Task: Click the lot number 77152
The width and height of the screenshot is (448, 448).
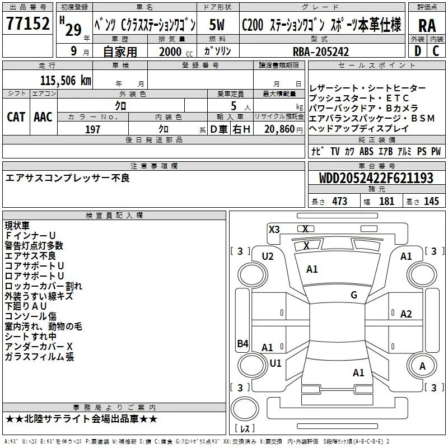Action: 28,23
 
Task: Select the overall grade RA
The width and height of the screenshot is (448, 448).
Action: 427,26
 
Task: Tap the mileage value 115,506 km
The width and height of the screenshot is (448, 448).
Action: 66,81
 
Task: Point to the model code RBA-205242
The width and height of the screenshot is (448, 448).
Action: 321,52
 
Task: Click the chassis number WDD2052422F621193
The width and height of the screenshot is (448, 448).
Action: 376,178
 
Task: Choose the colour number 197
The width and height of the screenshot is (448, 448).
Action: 92,129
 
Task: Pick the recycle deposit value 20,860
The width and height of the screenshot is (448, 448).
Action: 279,129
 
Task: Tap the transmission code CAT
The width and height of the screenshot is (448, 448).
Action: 16,117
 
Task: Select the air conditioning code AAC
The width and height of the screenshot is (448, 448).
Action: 43,117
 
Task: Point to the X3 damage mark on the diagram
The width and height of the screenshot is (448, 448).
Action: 274,230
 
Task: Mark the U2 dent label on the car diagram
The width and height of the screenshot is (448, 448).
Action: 268,256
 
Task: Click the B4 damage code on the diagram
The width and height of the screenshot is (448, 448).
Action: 243,343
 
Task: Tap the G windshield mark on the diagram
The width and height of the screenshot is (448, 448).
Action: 354,295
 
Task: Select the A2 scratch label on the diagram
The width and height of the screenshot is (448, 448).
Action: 406,314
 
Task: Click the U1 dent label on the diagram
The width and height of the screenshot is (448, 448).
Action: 276,363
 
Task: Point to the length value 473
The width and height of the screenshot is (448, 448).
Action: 340,201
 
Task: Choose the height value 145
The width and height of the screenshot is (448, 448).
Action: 431,201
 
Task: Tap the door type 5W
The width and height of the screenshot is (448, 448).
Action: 217,25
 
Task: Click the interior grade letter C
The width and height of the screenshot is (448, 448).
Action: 436,51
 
